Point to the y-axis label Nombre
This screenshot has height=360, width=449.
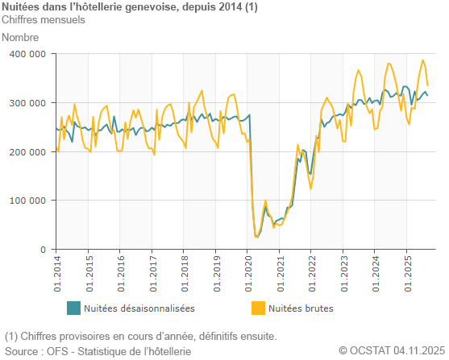(21, 37)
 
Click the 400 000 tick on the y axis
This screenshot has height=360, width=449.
(28, 54)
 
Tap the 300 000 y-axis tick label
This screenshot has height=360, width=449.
(28, 103)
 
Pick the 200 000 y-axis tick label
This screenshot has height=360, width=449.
(28, 152)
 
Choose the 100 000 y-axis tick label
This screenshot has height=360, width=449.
(28, 201)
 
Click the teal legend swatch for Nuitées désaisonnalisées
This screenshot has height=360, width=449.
(73, 308)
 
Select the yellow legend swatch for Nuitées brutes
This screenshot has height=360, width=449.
(257, 308)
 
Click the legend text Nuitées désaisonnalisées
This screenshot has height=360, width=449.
(139, 308)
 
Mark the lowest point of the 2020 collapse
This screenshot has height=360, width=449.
(257, 237)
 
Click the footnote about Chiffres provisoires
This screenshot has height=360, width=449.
(141, 336)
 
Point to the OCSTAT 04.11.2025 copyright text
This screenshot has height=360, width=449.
(390, 351)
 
